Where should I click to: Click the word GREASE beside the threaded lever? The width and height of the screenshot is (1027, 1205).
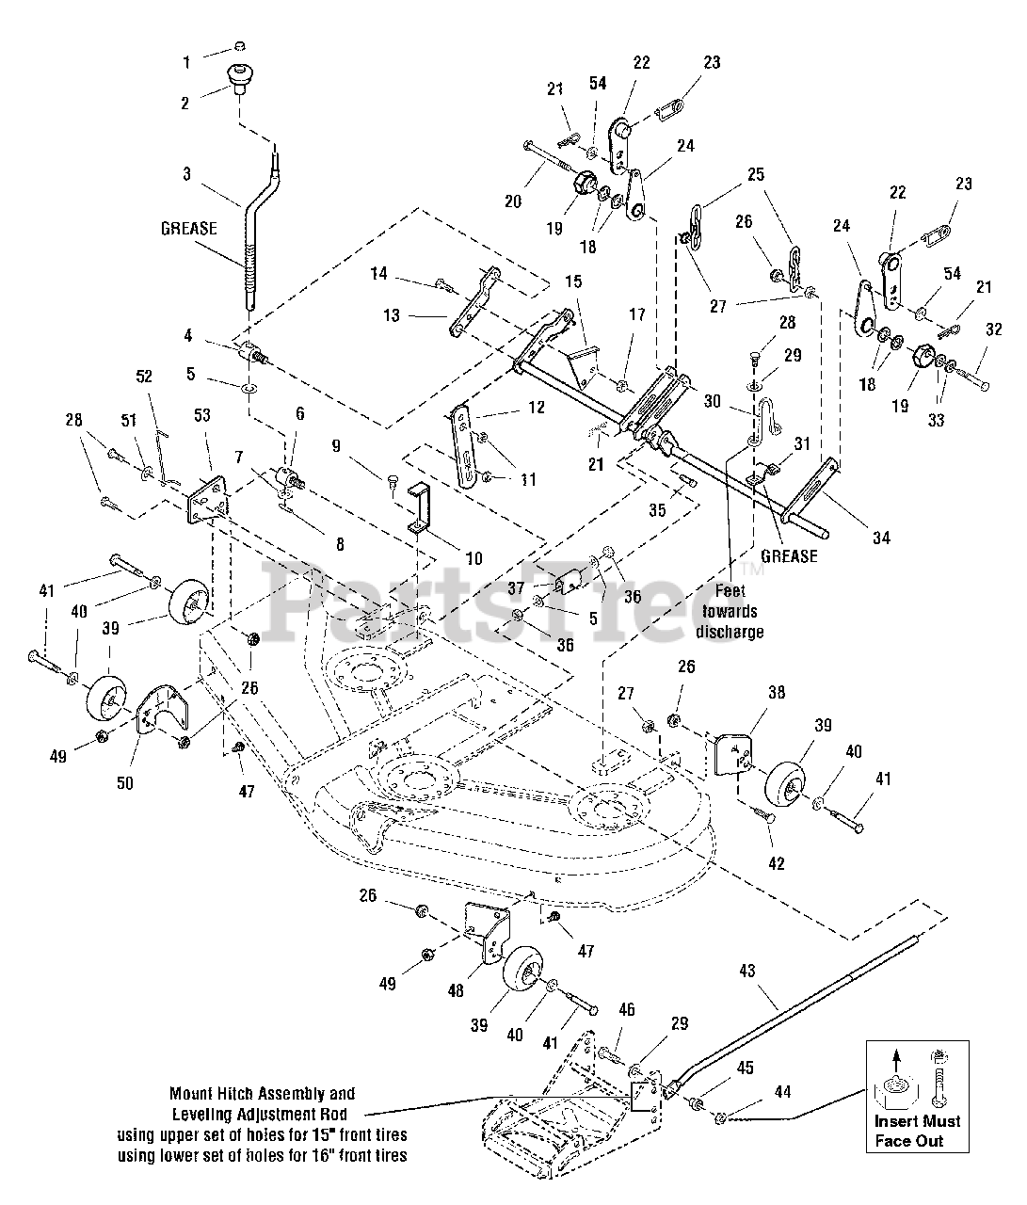coord(188,229)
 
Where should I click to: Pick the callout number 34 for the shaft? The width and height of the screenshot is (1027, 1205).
coord(880,538)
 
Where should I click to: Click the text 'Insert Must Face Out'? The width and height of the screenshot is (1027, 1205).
coord(917,1131)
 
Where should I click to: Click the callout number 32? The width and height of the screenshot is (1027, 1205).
coord(993,329)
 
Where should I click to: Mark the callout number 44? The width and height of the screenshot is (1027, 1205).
coord(782,1092)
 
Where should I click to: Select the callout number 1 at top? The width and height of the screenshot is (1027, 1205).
coord(185,62)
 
